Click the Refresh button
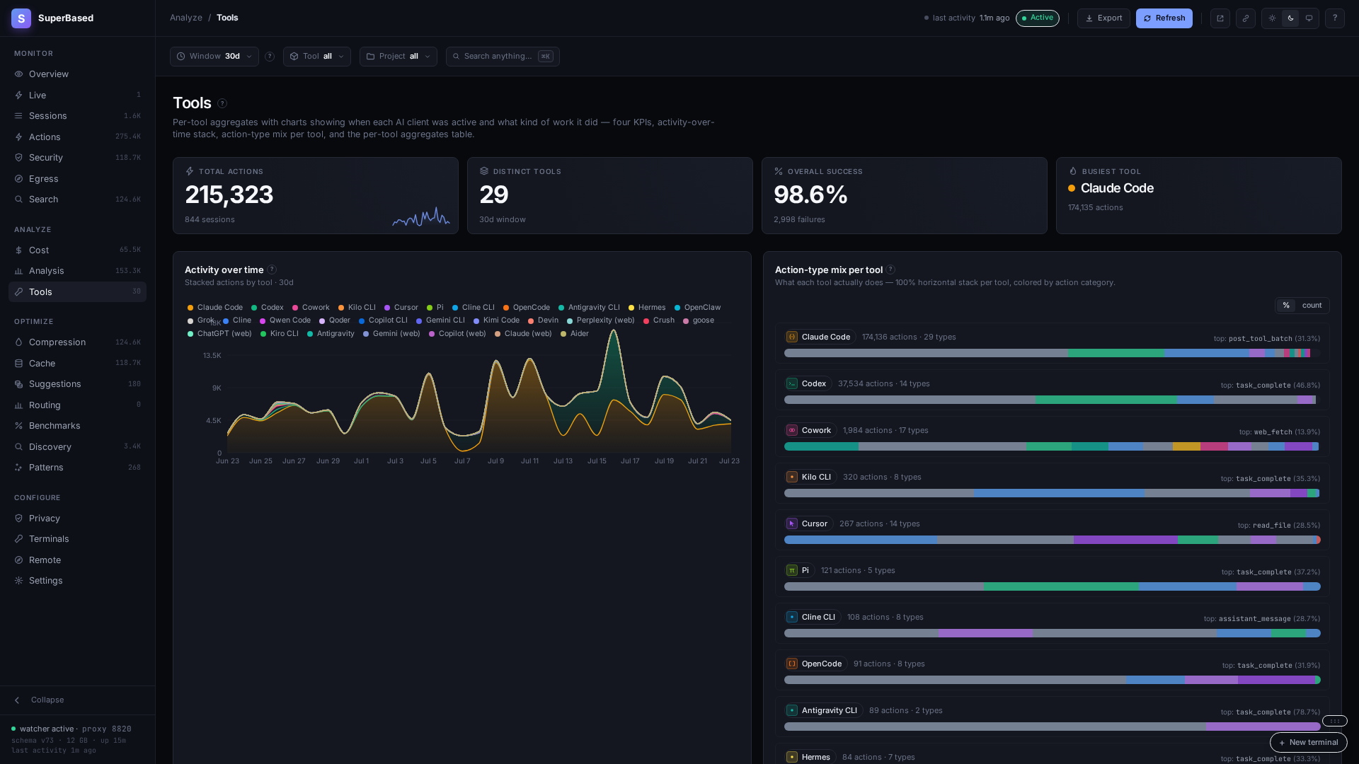click(1164, 18)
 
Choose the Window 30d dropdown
click(214, 57)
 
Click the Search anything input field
click(503, 57)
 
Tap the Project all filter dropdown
click(398, 57)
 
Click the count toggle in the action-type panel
click(1312, 306)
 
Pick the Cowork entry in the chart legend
click(311, 308)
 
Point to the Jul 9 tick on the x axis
click(495, 461)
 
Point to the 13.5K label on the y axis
click(212, 356)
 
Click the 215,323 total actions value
click(229, 195)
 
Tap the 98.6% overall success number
click(810, 195)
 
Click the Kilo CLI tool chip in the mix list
click(810, 477)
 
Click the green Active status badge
click(1038, 18)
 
